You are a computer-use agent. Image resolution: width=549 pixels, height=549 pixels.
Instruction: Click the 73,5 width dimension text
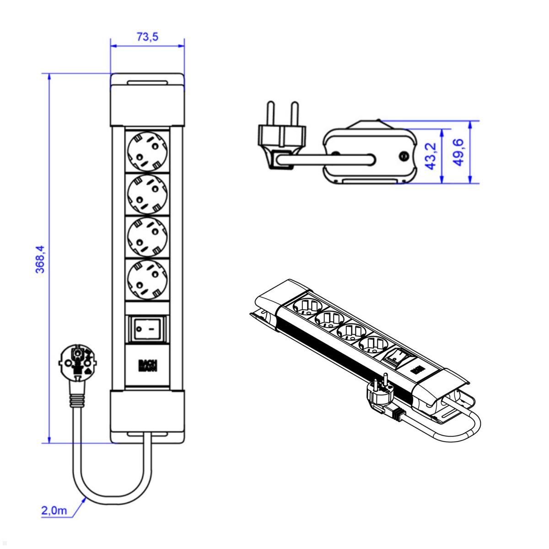point(147,37)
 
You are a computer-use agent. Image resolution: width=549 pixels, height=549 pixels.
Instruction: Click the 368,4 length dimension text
point(40,258)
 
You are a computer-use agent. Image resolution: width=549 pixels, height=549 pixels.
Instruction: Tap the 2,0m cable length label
point(54,511)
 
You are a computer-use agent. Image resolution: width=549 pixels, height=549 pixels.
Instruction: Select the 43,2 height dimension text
point(431,156)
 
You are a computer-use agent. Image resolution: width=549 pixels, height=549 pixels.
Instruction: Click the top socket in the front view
point(147,150)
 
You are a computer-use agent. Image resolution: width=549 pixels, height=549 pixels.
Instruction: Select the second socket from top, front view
point(147,194)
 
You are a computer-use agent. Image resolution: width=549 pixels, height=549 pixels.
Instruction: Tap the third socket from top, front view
point(147,236)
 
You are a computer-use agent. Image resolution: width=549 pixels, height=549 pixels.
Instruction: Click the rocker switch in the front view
point(147,328)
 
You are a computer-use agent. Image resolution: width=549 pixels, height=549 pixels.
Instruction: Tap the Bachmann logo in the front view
point(147,366)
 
